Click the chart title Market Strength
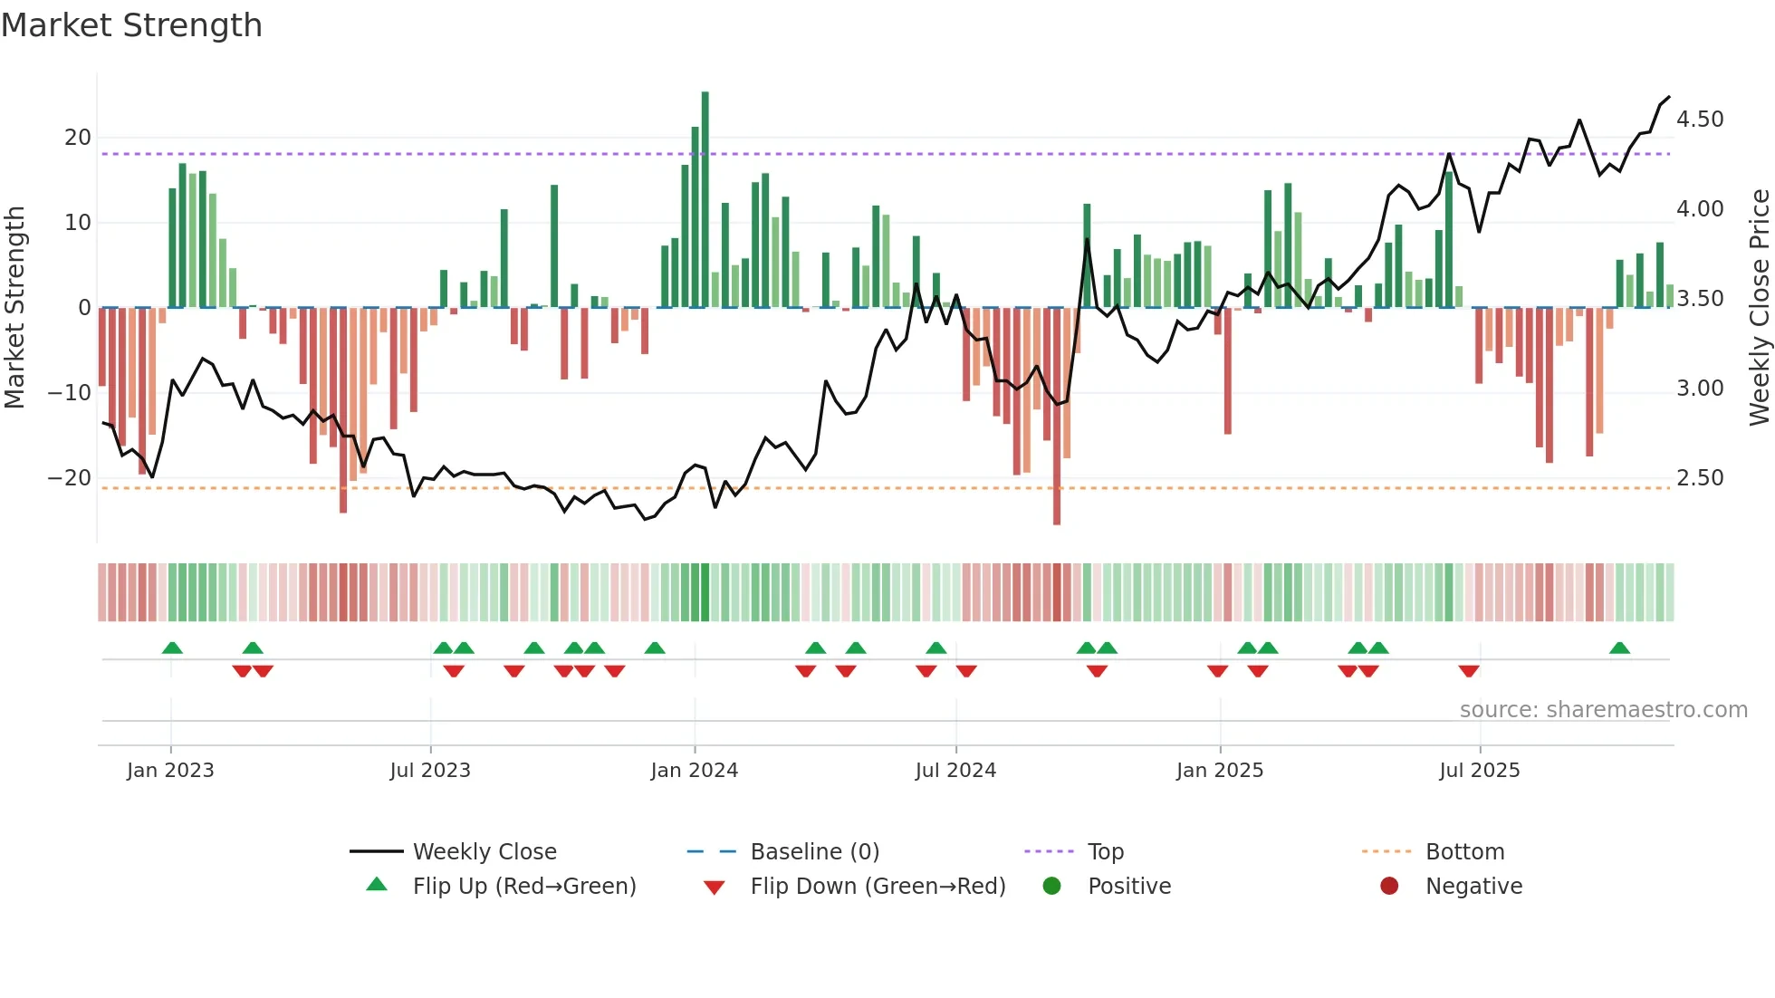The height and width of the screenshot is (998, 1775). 131,25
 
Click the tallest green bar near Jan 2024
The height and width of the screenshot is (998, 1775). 705,199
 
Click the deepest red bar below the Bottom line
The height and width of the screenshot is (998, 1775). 1057,417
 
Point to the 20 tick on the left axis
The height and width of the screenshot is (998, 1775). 78,138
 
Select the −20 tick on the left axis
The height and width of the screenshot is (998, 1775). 71,478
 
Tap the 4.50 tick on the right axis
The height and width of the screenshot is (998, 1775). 1700,120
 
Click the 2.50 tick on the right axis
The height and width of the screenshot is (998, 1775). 1700,478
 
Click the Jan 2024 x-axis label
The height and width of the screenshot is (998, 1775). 695,771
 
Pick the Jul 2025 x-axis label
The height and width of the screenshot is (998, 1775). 1480,771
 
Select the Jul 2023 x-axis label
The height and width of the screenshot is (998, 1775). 430,771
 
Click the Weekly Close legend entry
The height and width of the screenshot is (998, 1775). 484,852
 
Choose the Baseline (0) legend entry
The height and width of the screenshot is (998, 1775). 814,852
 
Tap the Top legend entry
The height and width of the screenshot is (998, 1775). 1105,852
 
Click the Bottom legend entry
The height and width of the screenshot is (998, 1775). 1464,852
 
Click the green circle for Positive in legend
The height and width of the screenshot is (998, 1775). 1051,886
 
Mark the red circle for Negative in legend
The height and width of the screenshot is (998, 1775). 1389,886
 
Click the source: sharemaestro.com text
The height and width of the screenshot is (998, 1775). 1603,710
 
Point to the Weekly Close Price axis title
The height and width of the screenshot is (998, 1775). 1759,308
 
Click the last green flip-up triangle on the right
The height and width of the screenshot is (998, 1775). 1619,648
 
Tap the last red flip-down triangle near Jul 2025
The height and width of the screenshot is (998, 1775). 1469,671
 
